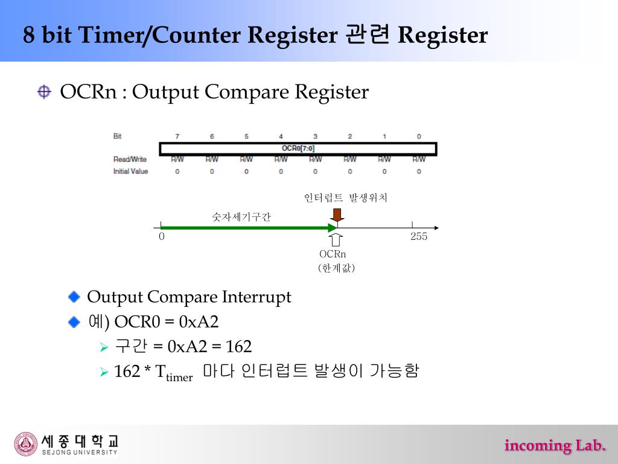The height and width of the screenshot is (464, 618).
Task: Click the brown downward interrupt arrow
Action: (337, 214)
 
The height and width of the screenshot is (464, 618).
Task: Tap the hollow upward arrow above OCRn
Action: (337, 240)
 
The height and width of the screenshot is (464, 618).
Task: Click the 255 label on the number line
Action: (419, 236)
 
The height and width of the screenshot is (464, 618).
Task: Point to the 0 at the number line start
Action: (162, 236)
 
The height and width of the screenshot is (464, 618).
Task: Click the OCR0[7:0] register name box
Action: (298, 148)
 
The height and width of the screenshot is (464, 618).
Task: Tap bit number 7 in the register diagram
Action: (177, 137)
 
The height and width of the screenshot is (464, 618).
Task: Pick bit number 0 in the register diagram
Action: (419, 137)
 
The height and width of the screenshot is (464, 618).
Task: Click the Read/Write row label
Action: (130, 159)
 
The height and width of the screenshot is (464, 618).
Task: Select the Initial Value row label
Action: (130, 172)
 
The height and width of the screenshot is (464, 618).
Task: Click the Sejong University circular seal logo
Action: (26, 444)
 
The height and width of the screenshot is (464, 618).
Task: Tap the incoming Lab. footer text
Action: (555, 446)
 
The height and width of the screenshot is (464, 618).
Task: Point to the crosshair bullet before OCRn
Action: (44, 92)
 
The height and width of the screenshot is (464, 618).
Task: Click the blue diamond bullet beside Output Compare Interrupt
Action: (74, 297)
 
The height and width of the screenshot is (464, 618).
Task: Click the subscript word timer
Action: (179, 378)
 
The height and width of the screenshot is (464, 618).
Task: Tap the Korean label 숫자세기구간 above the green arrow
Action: (241, 216)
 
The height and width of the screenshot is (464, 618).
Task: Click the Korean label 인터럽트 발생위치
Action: (346, 198)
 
